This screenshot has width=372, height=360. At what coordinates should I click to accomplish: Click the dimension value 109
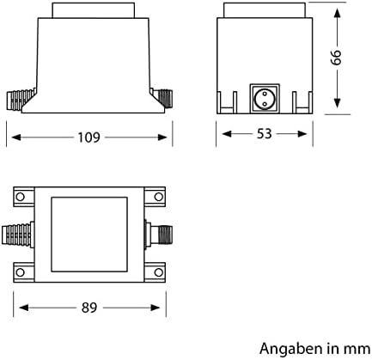[89, 136]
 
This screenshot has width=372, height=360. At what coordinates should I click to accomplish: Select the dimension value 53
[265, 136]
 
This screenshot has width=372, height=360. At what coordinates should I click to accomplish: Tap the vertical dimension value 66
[338, 58]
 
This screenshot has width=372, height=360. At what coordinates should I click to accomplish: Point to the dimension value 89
[88, 307]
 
